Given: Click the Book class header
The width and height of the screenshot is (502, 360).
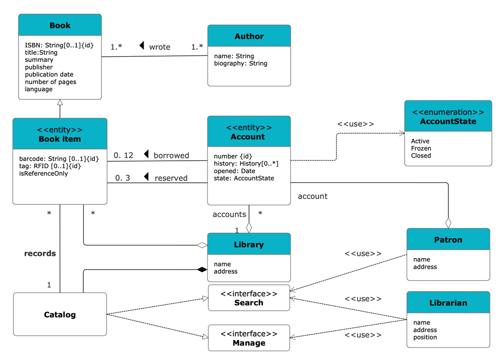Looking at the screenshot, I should [x=60, y=26].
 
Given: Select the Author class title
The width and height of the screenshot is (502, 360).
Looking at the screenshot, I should [x=249, y=36].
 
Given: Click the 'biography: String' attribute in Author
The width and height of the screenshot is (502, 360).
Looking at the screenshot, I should [x=240, y=63].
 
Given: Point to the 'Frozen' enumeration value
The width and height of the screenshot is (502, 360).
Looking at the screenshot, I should [x=421, y=149].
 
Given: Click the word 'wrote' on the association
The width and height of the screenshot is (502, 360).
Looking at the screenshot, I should [x=160, y=47].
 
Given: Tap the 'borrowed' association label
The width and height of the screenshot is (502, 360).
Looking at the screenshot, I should [x=171, y=155].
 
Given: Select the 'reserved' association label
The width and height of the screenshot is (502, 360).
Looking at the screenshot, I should [x=171, y=178].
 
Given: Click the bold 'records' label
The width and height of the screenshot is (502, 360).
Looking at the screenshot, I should [x=40, y=254].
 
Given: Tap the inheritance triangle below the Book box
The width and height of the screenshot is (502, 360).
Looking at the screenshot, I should [x=60, y=102].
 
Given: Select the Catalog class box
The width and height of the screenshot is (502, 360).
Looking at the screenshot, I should [x=60, y=315].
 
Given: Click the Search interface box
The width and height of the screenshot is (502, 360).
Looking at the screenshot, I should [x=249, y=298].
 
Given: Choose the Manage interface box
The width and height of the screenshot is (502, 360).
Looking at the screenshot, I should [x=249, y=338].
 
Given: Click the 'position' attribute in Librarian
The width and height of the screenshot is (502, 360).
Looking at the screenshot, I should [x=425, y=337].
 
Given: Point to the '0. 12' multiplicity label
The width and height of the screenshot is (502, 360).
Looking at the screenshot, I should [x=123, y=155].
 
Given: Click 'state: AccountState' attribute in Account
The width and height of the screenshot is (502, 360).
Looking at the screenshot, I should [x=244, y=178].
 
